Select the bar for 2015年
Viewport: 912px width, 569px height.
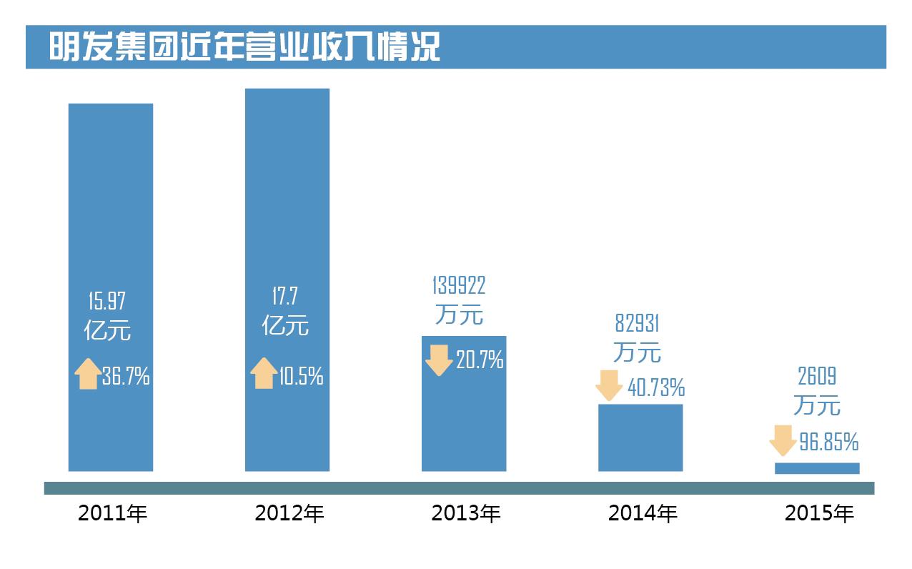tap(817, 468)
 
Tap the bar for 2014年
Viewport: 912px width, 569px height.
tap(640, 437)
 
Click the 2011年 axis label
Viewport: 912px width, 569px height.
tap(112, 513)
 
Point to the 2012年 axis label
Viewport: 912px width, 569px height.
tap(289, 513)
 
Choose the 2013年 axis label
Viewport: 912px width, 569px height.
tap(466, 513)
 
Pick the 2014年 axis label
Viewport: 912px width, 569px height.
tap(643, 513)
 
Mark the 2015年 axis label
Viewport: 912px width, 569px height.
tap(819, 513)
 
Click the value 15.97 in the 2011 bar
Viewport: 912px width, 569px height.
tap(106, 300)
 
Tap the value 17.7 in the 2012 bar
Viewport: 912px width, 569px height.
tap(284, 295)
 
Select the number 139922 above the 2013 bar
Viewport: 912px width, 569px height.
tap(459, 285)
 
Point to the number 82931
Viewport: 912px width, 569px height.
tap(637, 323)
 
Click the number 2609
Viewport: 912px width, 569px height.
tap(816, 376)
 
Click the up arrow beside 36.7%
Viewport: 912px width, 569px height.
tap(88, 374)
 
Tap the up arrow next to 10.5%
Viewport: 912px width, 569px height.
tap(264, 373)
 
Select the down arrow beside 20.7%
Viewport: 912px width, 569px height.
tap(439, 360)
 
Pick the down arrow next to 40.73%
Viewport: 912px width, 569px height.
tap(609, 385)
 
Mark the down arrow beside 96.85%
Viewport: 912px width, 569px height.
tap(783, 440)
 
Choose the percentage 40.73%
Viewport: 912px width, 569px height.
tap(656, 388)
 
